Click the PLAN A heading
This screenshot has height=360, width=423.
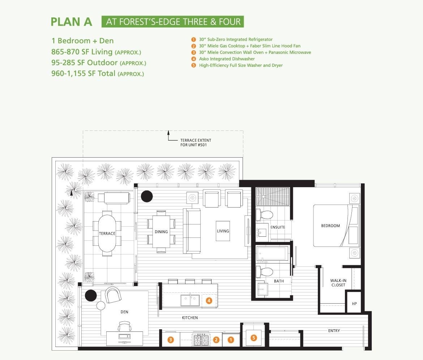tap(72, 22)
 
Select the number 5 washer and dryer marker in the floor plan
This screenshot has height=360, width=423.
tap(253, 338)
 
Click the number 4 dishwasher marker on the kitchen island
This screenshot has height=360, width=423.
tap(209, 301)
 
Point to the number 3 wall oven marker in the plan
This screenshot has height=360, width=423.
tap(171, 340)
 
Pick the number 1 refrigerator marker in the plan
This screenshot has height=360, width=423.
tap(231, 340)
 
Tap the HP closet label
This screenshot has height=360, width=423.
tap(354, 304)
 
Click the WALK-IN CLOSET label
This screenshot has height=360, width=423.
tap(338, 283)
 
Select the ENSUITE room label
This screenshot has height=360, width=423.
tap(278, 227)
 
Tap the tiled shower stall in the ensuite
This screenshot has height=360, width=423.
tap(273, 197)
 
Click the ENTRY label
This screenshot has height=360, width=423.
tap(334, 331)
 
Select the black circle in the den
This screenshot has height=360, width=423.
tap(91, 295)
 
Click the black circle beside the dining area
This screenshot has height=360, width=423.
tap(147, 196)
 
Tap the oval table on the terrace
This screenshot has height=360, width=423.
tap(107, 233)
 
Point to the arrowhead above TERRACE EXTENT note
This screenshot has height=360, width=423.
tap(168, 132)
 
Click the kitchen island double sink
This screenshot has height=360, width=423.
tap(190, 300)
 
